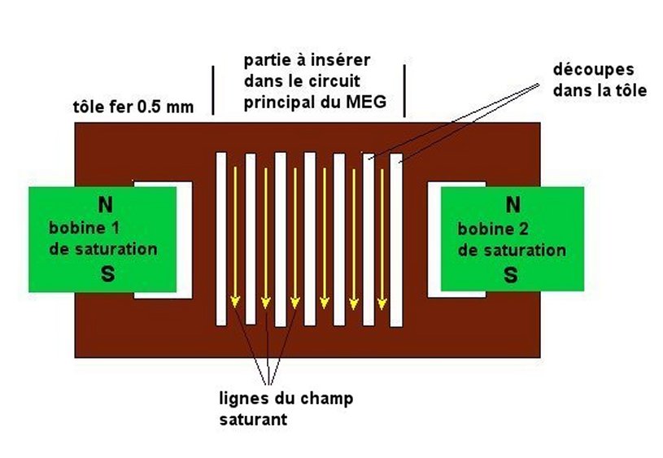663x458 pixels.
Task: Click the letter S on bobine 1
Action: click(x=107, y=275)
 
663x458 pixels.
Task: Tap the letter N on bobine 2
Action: click(x=512, y=203)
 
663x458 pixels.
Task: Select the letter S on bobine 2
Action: click(x=511, y=275)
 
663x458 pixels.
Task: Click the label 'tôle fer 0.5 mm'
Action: click(x=133, y=106)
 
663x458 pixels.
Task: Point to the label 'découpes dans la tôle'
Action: click(x=599, y=81)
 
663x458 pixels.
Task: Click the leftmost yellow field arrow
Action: click(x=235, y=236)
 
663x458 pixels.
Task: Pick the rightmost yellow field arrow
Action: click(x=382, y=236)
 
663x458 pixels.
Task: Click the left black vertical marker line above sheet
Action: click(x=213, y=90)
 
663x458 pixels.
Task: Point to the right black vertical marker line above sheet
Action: click(x=404, y=90)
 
